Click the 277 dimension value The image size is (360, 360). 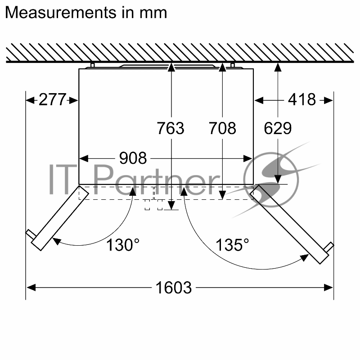(53, 99)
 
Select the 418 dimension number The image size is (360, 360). (302, 99)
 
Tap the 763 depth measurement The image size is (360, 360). (171, 128)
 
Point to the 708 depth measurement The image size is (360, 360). (222, 128)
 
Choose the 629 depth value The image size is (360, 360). (278, 128)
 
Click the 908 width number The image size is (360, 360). (133, 158)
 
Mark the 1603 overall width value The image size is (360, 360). (174, 288)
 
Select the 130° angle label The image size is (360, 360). (123, 245)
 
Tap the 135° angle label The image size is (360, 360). (232, 245)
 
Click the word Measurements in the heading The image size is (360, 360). (61, 13)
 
